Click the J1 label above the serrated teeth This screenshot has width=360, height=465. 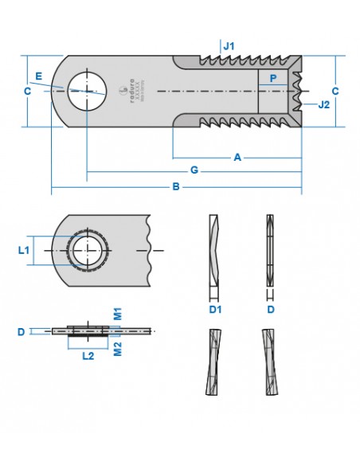click(229, 47)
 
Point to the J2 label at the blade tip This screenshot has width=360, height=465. click(323, 104)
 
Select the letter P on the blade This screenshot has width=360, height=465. click(273, 78)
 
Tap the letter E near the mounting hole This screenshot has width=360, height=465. click(37, 76)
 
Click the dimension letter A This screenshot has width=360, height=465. click(237, 158)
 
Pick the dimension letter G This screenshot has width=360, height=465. click(194, 171)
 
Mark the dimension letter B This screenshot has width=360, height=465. click(177, 188)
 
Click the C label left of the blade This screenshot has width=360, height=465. click(27, 92)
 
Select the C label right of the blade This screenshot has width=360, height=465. click(335, 92)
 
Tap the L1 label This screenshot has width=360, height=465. click(24, 250)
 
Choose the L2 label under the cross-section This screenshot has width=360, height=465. click(88, 356)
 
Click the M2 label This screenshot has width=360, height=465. click(116, 349)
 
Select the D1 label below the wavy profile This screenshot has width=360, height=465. click(214, 308)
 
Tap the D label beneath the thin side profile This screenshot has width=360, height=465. click(270, 308)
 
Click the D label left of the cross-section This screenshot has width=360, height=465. click(21, 331)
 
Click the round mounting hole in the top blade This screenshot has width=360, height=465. click(85, 88)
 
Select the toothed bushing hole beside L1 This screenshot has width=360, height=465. click(88, 251)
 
